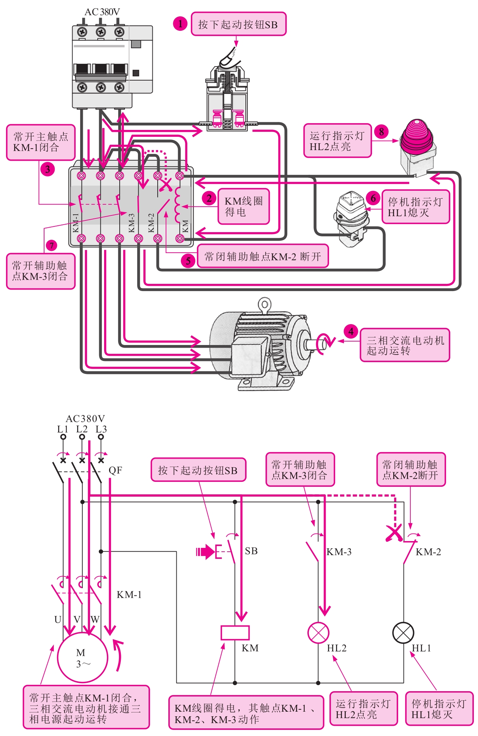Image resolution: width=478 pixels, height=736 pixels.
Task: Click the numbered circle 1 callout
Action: [180, 24]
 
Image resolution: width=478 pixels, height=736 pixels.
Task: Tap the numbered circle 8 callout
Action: [381, 131]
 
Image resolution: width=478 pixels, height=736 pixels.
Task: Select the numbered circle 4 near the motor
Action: [351, 331]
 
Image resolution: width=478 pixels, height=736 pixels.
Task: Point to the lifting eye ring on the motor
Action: [264, 304]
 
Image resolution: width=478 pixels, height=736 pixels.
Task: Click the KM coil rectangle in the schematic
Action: [235, 633]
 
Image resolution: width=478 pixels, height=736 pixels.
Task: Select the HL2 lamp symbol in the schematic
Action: [318, 633]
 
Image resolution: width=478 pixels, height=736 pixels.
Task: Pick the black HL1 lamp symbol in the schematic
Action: [403, 633]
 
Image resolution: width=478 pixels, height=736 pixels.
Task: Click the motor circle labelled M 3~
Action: [82, 657]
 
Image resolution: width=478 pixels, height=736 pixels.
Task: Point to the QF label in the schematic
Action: [115, 470]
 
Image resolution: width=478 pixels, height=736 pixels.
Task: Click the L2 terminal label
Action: [82, 429]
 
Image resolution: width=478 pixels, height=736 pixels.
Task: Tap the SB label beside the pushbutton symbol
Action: [251, 551]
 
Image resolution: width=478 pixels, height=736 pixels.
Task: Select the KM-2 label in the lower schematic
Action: [428, 552]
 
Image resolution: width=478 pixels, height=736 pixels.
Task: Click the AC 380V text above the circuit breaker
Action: [102, 12]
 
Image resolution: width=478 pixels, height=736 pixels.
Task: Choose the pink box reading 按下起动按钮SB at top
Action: [238, 24]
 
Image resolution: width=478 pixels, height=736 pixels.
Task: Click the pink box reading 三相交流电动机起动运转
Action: [405, 345]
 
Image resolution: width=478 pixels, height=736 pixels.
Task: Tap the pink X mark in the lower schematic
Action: [394, 533]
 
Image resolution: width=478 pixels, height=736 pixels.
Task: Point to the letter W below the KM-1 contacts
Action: [95, 619]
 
